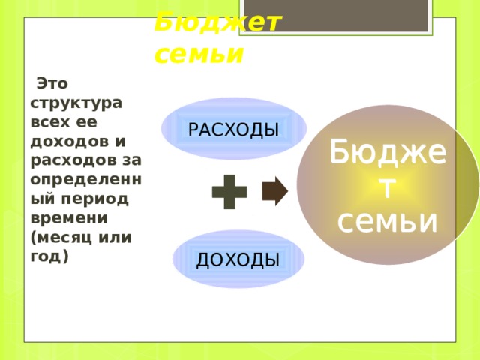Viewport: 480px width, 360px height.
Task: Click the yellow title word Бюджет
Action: (x=217, y=22)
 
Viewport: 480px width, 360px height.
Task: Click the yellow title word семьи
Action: (x=199, y=54)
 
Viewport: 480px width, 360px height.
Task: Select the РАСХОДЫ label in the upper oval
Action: (x=233, y=130)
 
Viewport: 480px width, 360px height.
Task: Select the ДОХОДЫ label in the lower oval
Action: (x=238, y=259)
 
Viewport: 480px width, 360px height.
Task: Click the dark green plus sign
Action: (x=229, y=192)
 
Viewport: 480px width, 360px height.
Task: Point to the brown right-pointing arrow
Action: (x=274, y=191)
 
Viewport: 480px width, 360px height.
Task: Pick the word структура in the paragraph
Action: (x=77, y=100)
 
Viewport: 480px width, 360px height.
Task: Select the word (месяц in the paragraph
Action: (x=61, y=237)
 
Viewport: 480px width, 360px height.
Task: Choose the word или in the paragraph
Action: (x=115, y=237)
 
